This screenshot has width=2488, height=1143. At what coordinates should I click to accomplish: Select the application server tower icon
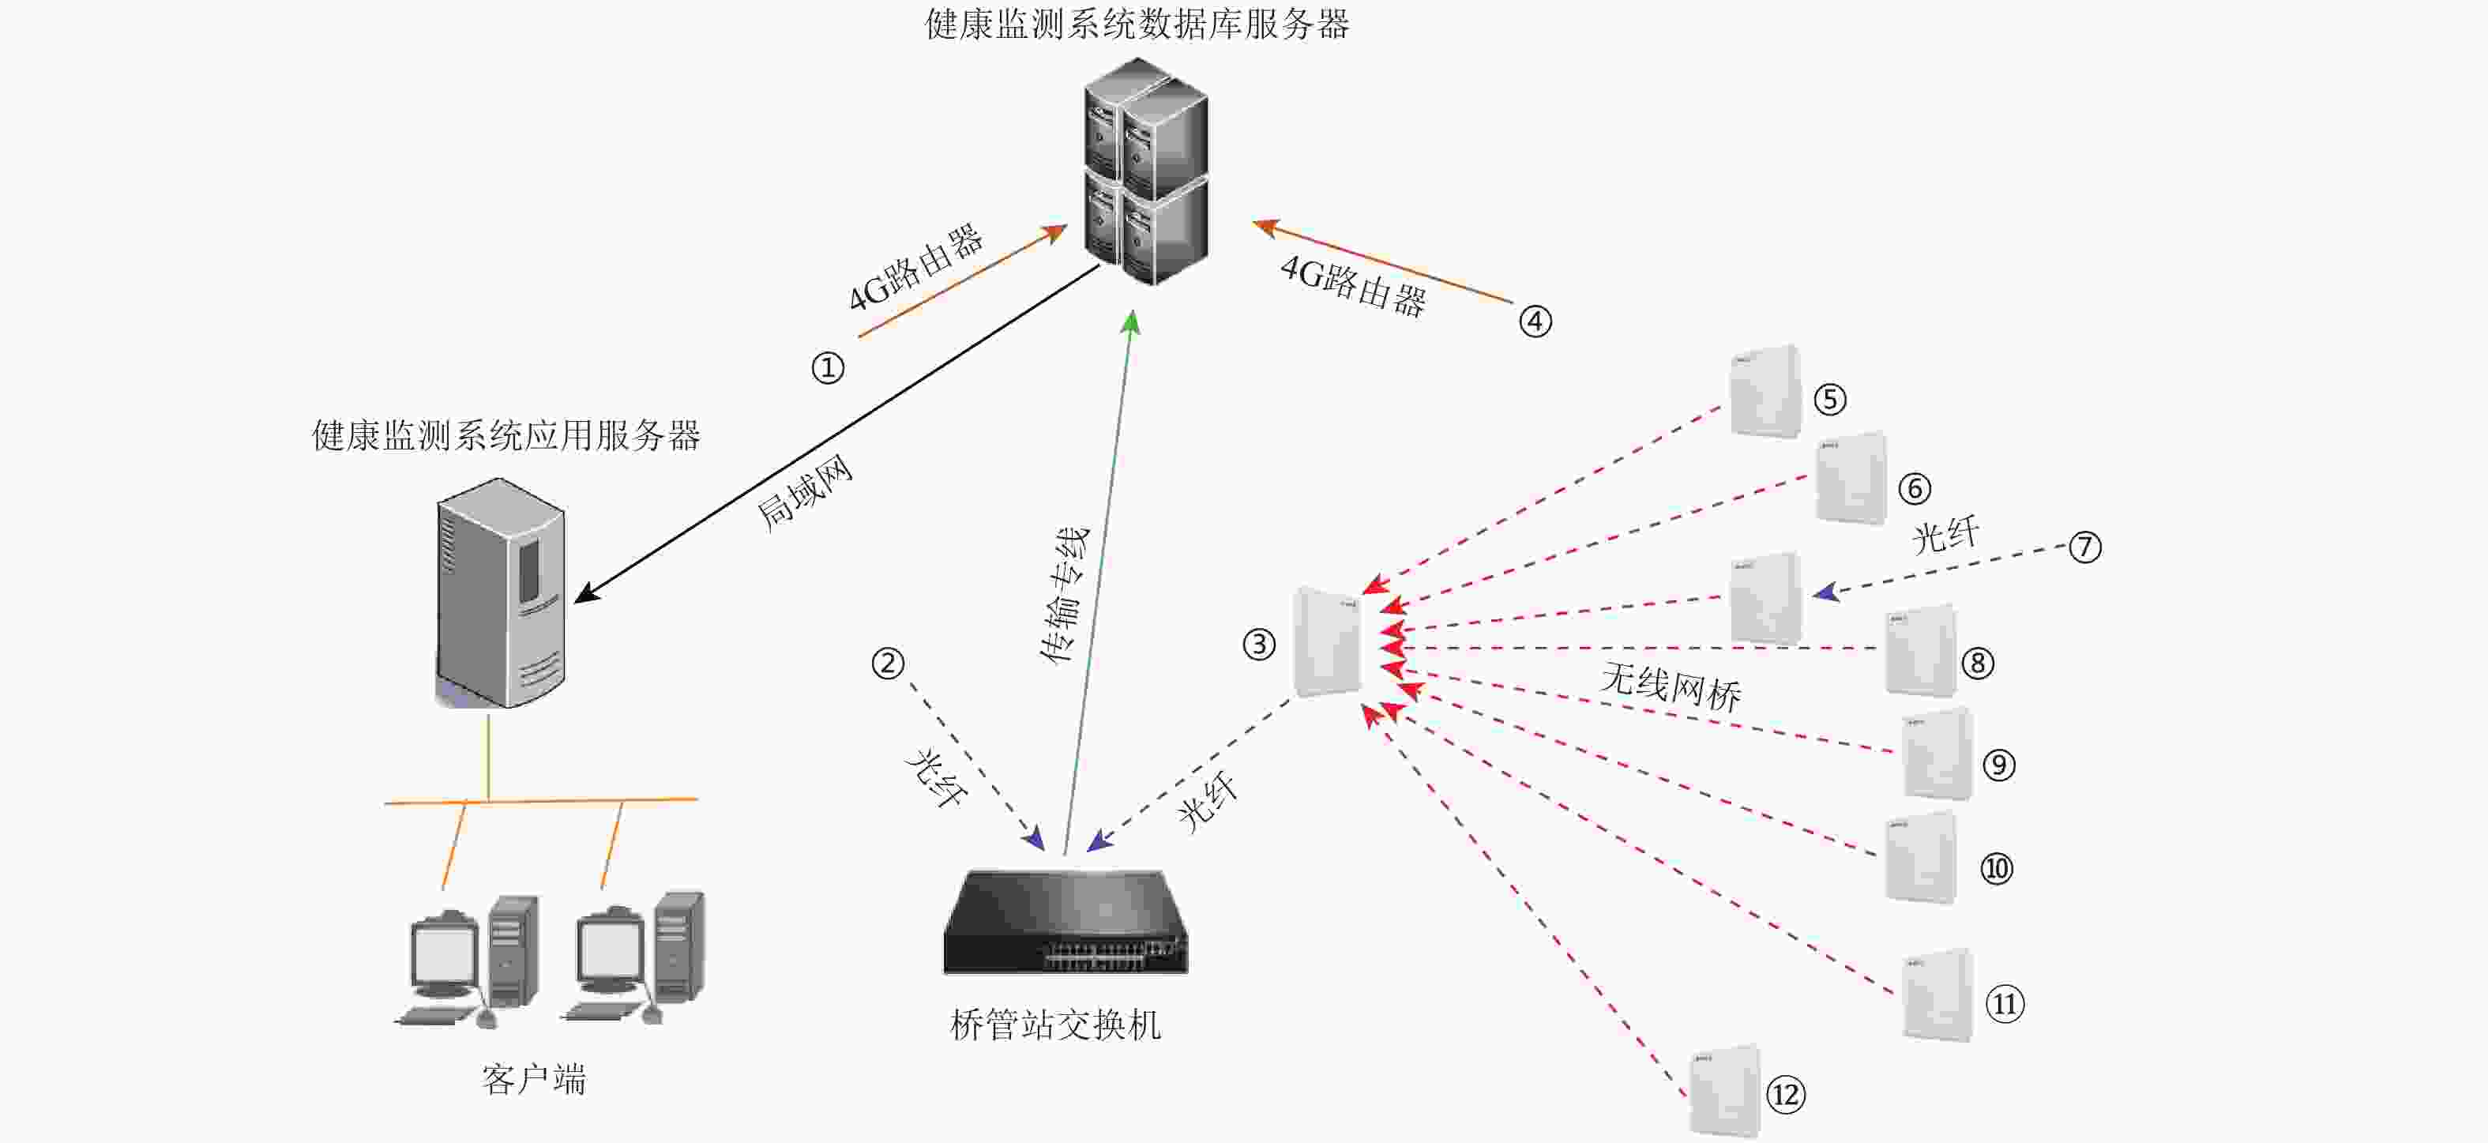[x=500, y=592]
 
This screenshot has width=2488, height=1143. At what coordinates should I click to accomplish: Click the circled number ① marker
[x=828, y=368]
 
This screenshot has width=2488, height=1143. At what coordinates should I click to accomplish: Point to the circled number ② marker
[x=888, y=664]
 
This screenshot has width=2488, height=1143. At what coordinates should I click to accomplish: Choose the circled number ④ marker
[x=1535, y=321]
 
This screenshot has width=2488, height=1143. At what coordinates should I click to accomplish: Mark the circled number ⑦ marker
[x=2085, y=547]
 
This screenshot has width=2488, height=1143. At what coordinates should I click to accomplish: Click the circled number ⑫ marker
[x=1786, y=1095]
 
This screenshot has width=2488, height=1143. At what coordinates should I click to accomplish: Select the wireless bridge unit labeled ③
[x=1327, y=641]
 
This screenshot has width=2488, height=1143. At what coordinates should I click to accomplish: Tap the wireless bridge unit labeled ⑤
[x=1765, y=391]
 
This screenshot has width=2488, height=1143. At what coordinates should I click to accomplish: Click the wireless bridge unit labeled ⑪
[x=1937, y=995]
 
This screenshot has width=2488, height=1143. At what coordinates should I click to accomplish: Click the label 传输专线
[x=1065, y=595]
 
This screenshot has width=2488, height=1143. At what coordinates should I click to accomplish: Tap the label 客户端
[x=534, y=1079]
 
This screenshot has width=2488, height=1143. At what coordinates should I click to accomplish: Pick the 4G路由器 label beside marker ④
[x=1353, y=286]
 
